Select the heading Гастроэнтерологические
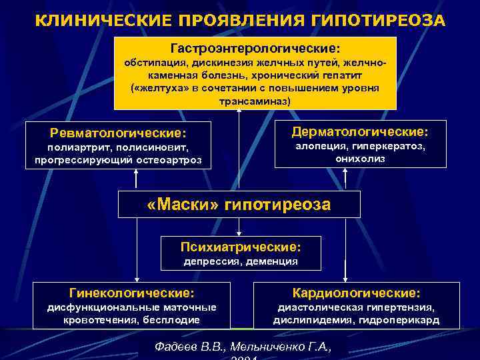(x=255, y=49)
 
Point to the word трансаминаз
(x=255, y=102)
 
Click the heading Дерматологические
(x=360, y=131)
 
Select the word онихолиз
(x=360, y=158)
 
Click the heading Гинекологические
(x=131, y=293)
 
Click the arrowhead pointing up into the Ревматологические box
(x=137, y=172)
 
